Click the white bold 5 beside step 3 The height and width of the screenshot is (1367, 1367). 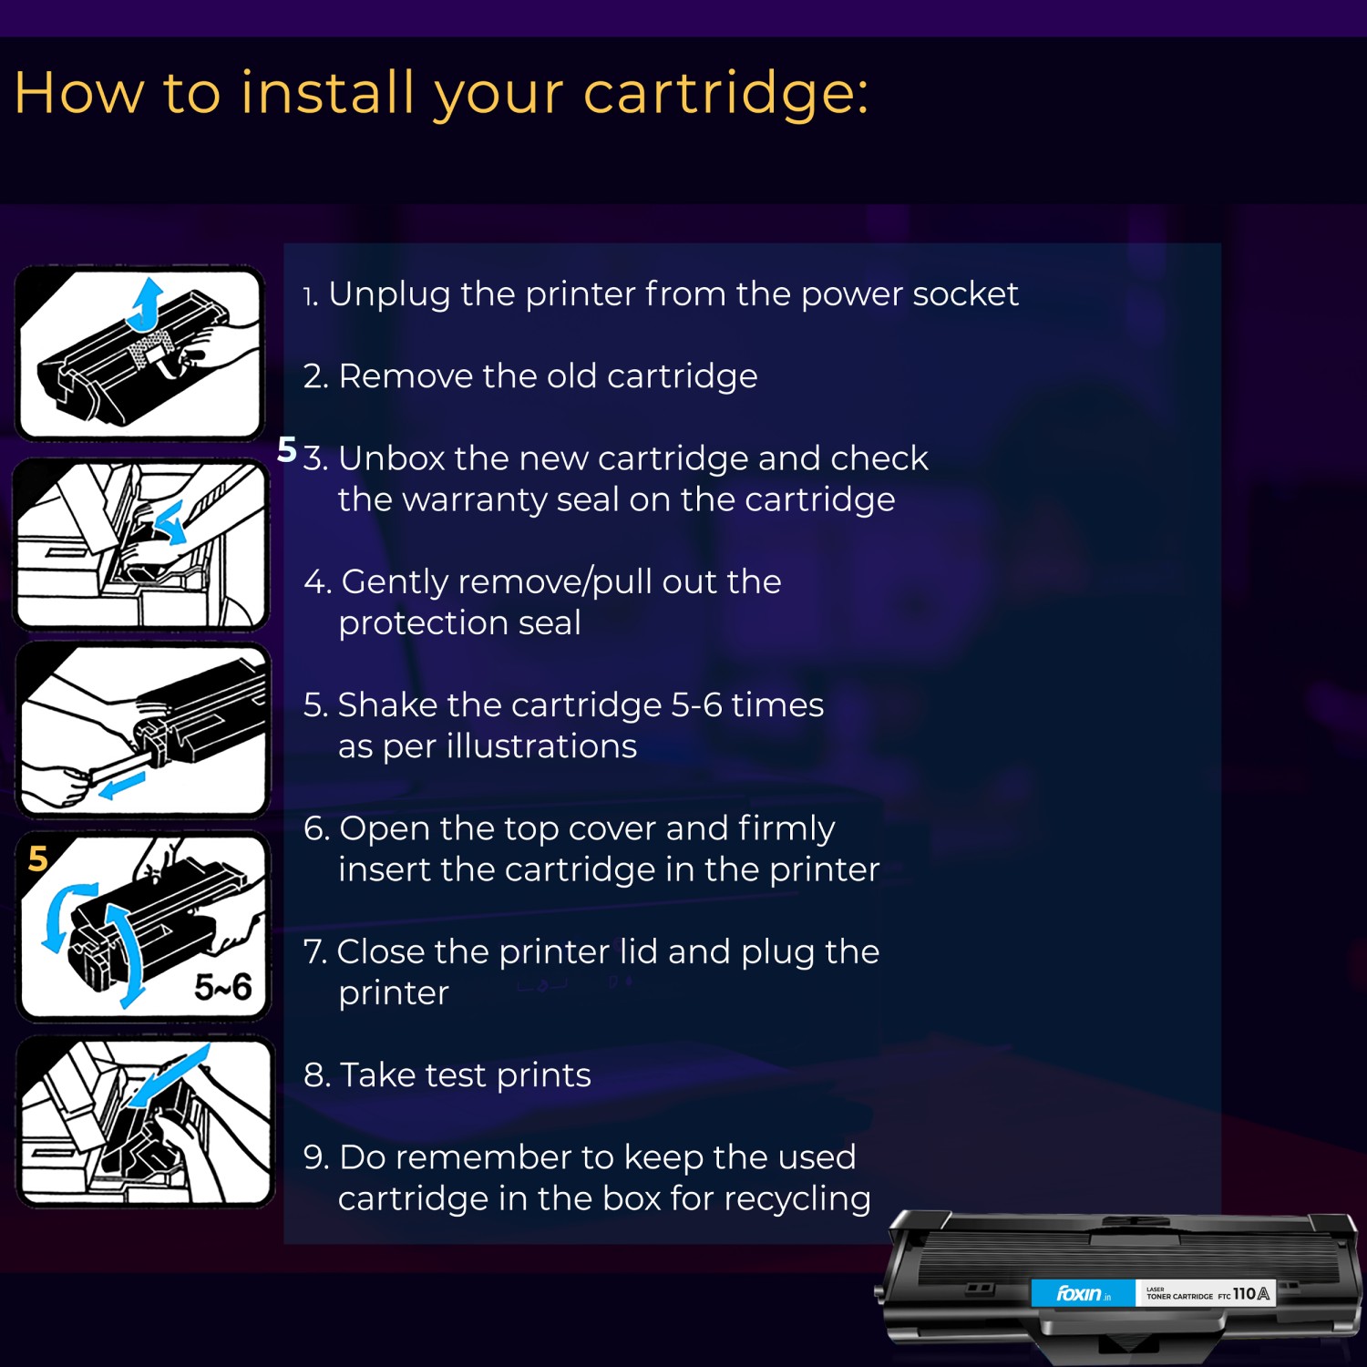(287, 449)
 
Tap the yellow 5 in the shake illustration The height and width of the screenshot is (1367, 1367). (38, 858)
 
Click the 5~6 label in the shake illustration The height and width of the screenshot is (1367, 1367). (222, 987)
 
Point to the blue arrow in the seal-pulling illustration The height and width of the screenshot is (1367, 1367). (121, 785)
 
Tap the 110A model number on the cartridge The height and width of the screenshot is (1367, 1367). (1250, 1293)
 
